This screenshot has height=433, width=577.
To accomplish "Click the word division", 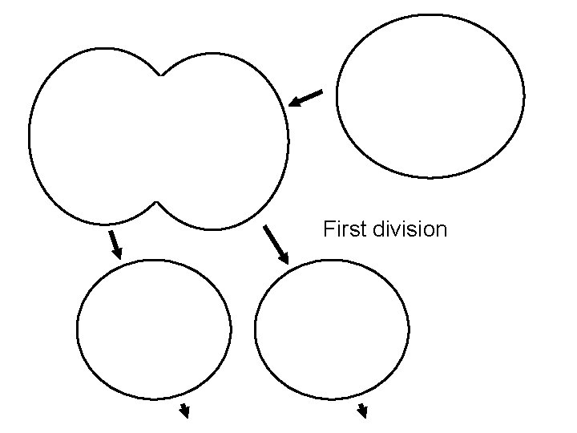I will click(x=410, y=230).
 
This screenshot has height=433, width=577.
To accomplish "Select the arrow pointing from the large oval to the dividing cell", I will click(x=305, y=99).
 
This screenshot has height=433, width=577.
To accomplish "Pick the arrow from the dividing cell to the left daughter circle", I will click(x=115, y=245).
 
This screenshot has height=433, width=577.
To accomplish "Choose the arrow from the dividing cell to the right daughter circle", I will click(x=276, y=245).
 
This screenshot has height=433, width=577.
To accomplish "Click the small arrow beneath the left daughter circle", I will click(x=184, y=412).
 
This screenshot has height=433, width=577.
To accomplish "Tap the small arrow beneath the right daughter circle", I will click(x=362, y=411).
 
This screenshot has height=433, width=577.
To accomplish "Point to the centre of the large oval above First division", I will click(x=430, y=95).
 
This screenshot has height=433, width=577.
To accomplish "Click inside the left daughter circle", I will click(x=154, y=329).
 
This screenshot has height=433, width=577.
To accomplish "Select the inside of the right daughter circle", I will click(x=332, y=329).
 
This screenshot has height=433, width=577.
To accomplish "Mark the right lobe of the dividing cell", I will click(x=224, y=140).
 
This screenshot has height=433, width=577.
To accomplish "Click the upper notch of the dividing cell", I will click(x=161, y=75).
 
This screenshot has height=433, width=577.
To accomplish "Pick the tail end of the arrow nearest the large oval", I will click(x=320, y=92).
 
